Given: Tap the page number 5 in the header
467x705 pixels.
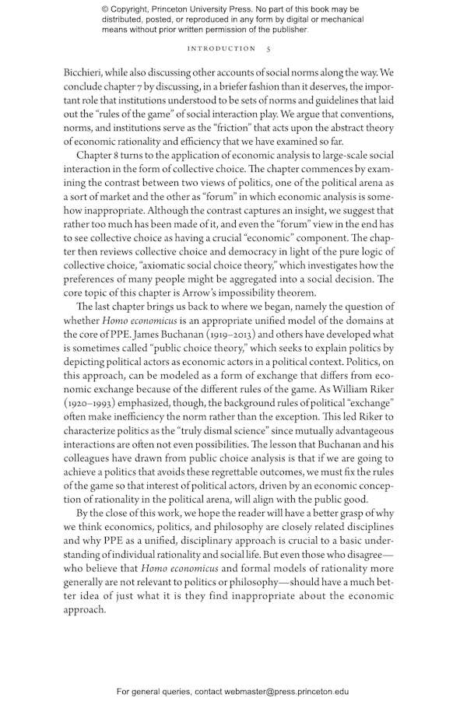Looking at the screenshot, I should [268, 48].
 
